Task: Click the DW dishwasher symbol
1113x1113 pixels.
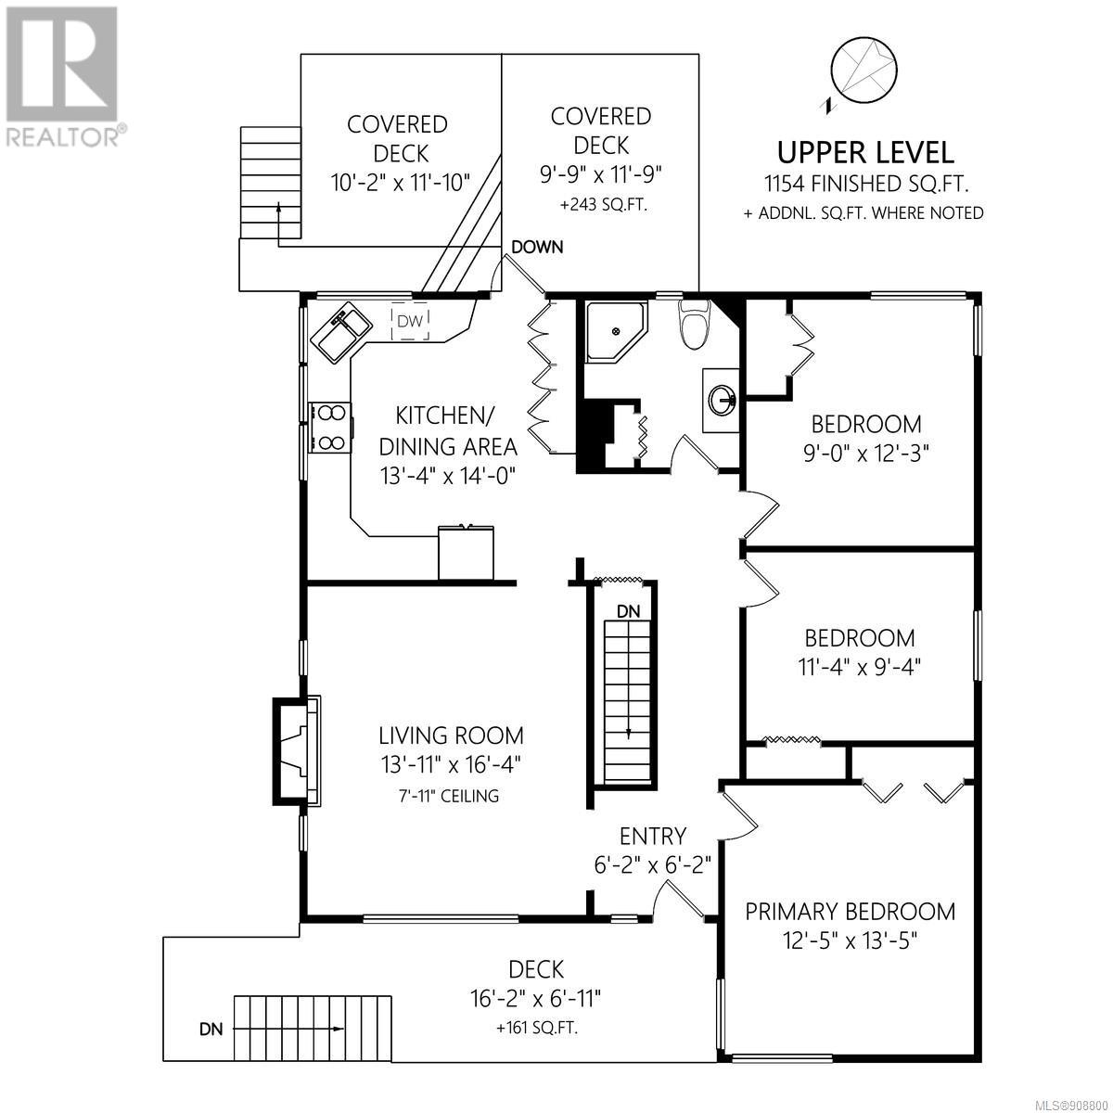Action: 410,320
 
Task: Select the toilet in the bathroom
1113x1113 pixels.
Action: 694,325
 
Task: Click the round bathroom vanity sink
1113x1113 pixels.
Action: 722,400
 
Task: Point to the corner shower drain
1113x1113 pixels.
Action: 616,331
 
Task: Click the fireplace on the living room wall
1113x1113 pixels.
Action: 297,751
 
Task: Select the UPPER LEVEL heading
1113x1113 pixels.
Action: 864,153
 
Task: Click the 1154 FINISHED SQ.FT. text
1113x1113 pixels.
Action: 865,185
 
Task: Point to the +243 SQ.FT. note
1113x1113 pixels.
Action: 603,205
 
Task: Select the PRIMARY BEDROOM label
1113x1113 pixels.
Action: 851,912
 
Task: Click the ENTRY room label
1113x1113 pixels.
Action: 653,836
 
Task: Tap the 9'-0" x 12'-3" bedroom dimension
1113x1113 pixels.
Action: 865,454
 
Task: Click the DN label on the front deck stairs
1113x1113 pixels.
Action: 211,1030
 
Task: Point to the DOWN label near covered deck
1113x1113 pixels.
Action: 537,248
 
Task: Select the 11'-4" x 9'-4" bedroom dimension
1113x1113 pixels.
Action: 860,668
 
